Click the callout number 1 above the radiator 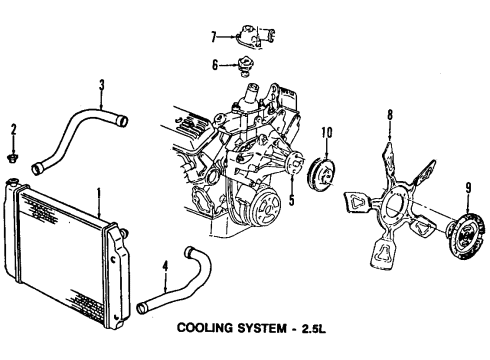pos(99,194)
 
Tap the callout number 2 pos(13,130)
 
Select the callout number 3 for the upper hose pos(102,85)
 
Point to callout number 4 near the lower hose pos(165,266)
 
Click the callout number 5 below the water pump pos(292,200)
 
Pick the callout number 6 pos(215,65)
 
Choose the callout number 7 pos(214,37)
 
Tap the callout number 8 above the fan pos(390,115)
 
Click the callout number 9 pos(468,188)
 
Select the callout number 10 pos(327,133)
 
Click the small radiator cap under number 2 pos(13,157)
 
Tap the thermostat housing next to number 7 pos(255,36)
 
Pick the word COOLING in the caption pos(204,328)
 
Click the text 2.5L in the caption pos(314,329)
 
